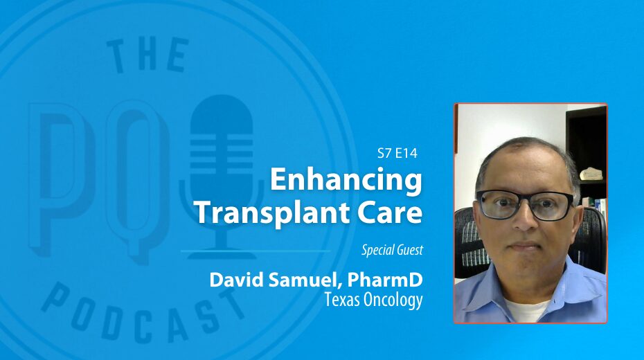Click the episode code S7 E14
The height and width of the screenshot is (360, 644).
point(397,153)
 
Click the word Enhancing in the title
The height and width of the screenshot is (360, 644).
point(346,181)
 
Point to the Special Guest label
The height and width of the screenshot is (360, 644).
point(392,250)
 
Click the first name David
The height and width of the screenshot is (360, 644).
point(235,280)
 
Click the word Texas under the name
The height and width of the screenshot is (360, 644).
point(339,300)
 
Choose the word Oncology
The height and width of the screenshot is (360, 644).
point(389,300)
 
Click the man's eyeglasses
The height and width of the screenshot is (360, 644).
point(526,204)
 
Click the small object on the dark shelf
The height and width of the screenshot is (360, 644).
point(591,173)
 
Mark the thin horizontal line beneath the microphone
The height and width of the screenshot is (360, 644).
point(255,251)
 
